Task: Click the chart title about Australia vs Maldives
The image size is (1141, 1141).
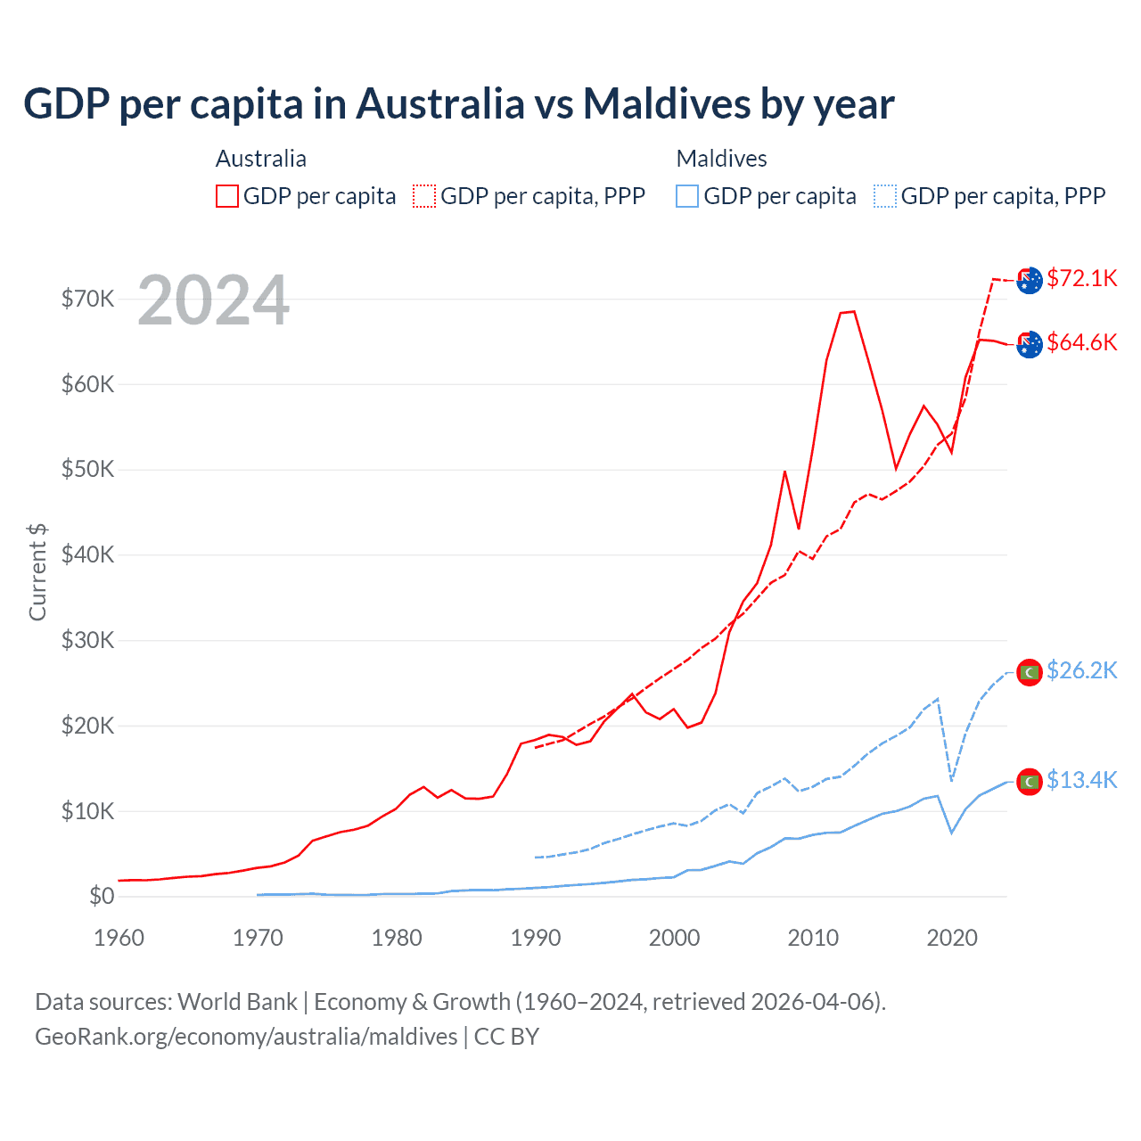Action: pyautogui.click(x=458, y=104)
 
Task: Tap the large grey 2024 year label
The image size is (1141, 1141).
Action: pyautogui.click(x=213, y=300)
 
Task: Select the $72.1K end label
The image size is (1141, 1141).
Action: pyautogui.click(x=1081, y=278)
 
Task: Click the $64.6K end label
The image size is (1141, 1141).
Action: pyautogui.click(x=1081, y=342)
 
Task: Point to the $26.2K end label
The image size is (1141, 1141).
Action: pyautogui.click(x=1081, y=670)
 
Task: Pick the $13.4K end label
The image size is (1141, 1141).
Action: pyautogui.click(x=1081, y=780)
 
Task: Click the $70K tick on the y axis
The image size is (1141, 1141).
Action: pyautogui.click(x=87, y=299)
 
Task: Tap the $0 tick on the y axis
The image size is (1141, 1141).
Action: pyautogui.click(x=101, y=896)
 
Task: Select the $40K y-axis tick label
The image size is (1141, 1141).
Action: pyautogui.click(x=87, y=554)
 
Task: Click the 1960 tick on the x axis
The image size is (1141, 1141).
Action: pyautogui.click(x=119, y=938)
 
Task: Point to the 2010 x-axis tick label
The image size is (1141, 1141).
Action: pyautogui.click(x=813, y=938)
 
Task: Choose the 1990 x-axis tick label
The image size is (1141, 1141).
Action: pyautogui.click(x=536, y=938)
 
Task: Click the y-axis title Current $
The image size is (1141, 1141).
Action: pyautogui.click(x=37, y=572)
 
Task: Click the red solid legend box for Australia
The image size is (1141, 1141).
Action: pyautogui.click(x=227, y=196)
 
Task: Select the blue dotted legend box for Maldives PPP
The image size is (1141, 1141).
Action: pyautogui.click(x=885, y=196)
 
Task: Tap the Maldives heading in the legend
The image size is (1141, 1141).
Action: pyautogui.click(x=721, y=159)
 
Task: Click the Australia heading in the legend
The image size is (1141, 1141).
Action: pyautogui.click(x=261, y=159)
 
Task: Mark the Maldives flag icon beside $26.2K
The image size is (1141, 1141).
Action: pyautogui.click(x=1030, y=672)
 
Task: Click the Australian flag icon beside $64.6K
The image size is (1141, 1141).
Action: pyautogui.click(x=1030, y=344)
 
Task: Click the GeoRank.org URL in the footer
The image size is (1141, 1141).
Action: pyautogui.click(x=246, y=1037)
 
